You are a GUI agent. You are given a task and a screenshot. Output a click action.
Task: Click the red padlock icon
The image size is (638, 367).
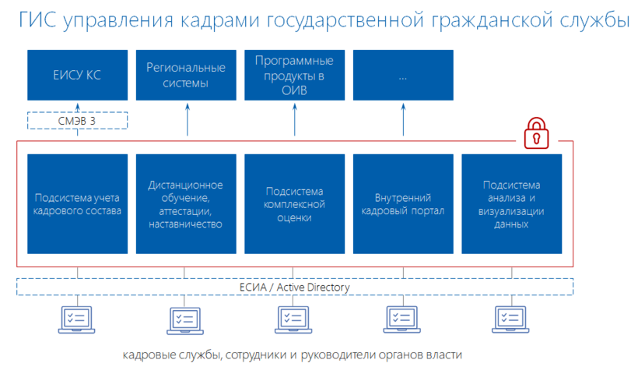coord(536,133)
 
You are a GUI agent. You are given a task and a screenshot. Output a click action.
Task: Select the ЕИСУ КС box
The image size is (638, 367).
coord(77,75)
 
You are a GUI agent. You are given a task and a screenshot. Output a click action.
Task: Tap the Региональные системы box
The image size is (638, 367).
coord(186,75)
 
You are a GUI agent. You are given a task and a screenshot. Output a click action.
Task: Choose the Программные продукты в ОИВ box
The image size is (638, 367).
coord(294,75)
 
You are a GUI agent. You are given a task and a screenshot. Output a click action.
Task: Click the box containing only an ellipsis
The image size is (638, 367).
coord(403,75)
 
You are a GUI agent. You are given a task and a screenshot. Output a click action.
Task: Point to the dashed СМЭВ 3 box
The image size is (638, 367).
coord(77,120)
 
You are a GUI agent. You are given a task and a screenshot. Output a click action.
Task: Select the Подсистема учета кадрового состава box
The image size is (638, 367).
coord(77,203)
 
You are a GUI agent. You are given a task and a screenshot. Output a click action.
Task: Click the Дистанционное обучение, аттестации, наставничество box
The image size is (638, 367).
coord(186,203)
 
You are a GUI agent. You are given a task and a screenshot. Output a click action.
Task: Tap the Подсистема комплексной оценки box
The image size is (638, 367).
coord(294,203)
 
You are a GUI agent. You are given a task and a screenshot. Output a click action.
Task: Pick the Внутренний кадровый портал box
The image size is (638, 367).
coord(403,203)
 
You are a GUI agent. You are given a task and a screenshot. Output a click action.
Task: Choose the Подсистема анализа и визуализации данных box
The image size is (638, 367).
coord(511,203)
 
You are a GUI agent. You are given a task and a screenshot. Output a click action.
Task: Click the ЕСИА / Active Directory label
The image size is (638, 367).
coord(294,288)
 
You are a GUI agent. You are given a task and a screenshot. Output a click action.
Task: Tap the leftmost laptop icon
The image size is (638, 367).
coord(77,319)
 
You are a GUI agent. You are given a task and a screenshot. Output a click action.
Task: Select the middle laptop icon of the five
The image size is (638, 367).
coord(294,319)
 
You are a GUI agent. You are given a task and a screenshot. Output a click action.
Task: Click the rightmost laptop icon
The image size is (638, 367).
coord(511,319)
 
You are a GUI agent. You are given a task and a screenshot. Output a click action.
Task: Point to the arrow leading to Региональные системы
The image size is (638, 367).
coord(186,120)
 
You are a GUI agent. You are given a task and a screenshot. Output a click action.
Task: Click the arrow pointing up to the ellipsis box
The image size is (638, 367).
coord(403,120)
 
